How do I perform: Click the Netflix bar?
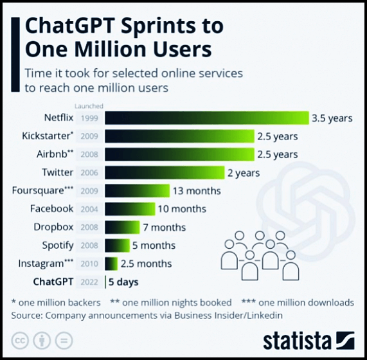coord(207,118)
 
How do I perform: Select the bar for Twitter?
coord(165,172)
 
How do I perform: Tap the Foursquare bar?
coord(137,190)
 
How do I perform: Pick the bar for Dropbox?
coord(122,227)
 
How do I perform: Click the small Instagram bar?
coord(111,264)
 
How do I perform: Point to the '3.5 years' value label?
coord(332,118)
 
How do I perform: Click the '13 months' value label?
coord(197,191)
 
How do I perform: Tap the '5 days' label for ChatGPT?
coord(123,282)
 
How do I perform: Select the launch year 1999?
coord(89,118)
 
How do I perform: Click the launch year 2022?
coord(89,282)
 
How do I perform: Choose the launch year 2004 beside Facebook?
coord(89,209)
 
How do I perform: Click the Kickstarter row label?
coord(48,136)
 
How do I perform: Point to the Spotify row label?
coord(58,246)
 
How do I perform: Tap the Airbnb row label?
coord(55,154)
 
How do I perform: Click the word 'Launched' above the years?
coord(89,106)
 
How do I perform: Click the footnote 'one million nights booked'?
coord(177,303)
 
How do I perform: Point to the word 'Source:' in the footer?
coord(27,316)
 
